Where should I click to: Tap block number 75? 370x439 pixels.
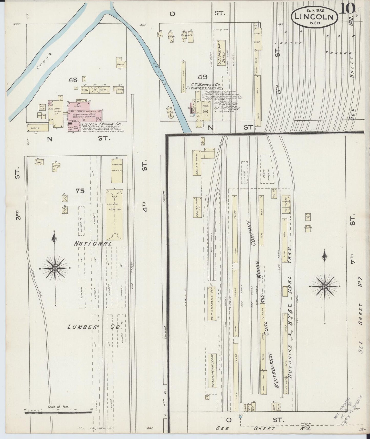click(80, 191)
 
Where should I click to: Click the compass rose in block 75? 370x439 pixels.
click(55, 268)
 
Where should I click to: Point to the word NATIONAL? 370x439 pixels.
click(93, 244)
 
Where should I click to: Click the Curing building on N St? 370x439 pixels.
click(37, 128)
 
